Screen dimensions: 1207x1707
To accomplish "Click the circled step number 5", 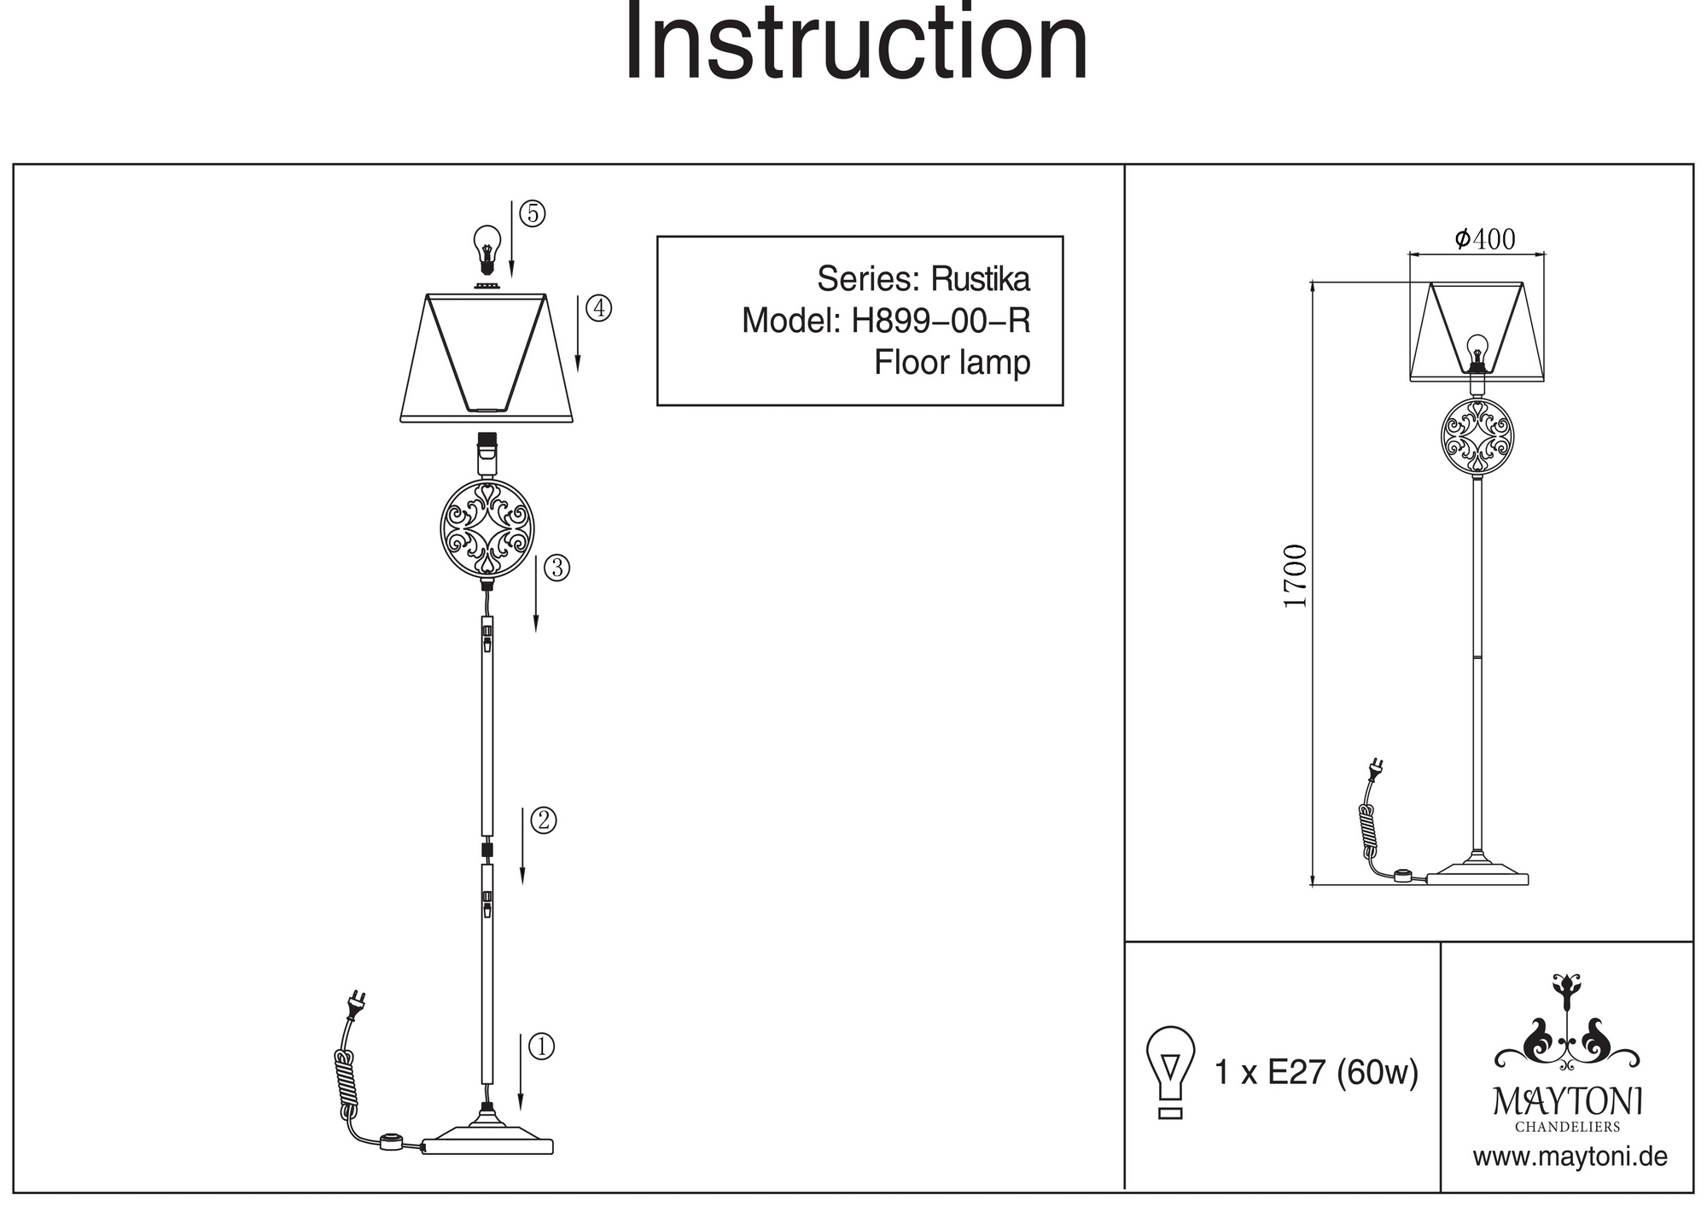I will point(533,214).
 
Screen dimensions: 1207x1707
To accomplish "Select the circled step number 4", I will point(600,308).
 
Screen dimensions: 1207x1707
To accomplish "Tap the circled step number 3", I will point(556,568).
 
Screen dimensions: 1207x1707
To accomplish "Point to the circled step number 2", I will point(544,821).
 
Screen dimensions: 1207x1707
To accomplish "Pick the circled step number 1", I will point(541,1047).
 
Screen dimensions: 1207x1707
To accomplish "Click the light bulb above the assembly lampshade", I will point(486,248).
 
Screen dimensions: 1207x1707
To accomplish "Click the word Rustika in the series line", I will point(980,279).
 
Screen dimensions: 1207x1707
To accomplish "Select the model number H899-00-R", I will point(941,321).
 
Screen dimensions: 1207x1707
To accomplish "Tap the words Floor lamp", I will point(952,363).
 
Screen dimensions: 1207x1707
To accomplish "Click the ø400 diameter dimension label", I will point(1484,240).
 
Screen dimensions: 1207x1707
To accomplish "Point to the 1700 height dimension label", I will point(1296,576).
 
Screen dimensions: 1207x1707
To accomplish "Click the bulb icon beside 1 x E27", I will point(1170,1070).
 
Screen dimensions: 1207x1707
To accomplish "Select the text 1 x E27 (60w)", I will point(1315,1072).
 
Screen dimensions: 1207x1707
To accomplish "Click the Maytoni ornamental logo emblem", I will point(1566,1024).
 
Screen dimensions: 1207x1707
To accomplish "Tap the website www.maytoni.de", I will point(1570,1157).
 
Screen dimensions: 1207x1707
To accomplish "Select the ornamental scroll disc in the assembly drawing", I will point(486,528).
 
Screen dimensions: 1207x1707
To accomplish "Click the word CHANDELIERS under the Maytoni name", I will point(1567,1127).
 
